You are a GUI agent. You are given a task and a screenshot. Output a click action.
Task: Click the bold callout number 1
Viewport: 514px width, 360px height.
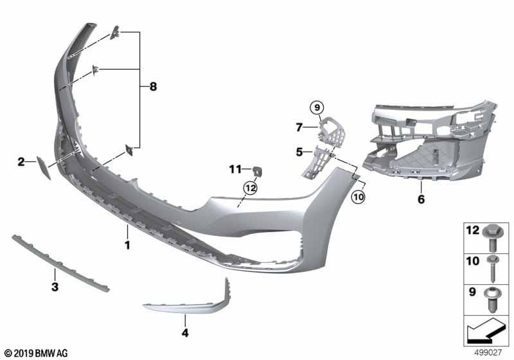coord(127,245)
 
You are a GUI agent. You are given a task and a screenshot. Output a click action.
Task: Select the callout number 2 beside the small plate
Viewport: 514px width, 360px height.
coord(21,161)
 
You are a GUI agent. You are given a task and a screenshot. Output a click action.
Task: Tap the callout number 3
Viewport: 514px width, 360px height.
coord(55,287)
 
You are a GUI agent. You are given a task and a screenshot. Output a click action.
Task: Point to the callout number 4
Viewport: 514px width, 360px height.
coord(185,333)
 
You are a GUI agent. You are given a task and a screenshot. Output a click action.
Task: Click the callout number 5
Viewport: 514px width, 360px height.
coord(299,152)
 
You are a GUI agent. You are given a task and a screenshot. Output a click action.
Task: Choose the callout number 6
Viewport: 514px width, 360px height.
coord(421,199)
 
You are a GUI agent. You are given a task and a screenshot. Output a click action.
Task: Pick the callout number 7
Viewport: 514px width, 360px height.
coord(299,127)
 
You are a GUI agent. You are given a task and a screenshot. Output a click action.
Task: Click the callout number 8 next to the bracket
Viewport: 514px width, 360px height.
coord(153,87)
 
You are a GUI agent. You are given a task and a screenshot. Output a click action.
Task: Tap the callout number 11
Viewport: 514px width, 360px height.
coord(235,170)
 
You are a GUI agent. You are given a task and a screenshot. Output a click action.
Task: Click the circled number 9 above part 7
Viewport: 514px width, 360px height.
coord(317,107)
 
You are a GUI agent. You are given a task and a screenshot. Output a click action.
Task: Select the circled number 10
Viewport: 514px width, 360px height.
coord(358,197)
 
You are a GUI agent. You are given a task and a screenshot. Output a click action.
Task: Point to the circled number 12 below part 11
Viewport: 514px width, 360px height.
coord(251,188)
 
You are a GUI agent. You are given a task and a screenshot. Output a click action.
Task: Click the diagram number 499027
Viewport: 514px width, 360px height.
coord(488,352)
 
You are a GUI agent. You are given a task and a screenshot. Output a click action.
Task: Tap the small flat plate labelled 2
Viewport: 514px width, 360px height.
coord(44,168)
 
